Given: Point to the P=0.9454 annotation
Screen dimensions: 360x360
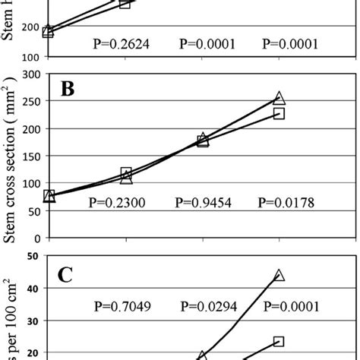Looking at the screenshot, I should pyautogui.click(x=201, y=202).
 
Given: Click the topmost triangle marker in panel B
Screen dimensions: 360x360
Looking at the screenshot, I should pyautogui.click(x=279, y=98).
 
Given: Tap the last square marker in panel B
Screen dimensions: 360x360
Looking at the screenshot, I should pyautogui.click(x=279, y=113).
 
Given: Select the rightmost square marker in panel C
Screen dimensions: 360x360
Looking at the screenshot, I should pyautogui.click(x=279, y=342).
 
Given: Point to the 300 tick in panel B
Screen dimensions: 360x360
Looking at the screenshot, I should pyautogui.click(x=30, y=74).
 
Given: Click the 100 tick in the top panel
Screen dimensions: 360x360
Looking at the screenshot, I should pyautogui.click(x=30, y=57).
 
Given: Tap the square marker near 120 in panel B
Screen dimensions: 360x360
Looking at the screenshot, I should pyautogui.click(x=126, y=173).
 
